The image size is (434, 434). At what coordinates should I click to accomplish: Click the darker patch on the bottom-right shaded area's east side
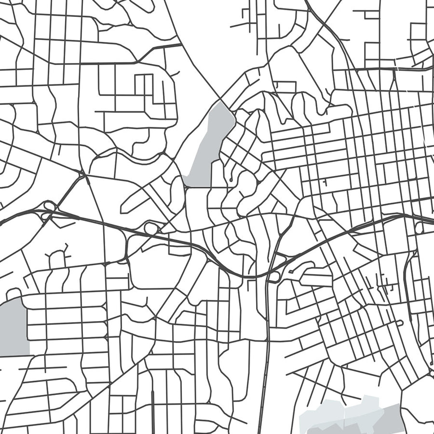click(386, 415)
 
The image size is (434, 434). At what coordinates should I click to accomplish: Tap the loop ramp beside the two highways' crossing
click(273, 277)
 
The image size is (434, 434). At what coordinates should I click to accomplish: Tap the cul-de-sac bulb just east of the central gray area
click(231, 179)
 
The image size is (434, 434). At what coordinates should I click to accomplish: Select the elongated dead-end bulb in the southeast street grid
click(398, 323)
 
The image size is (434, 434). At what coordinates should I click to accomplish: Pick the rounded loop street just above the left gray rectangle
click(14, 293)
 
